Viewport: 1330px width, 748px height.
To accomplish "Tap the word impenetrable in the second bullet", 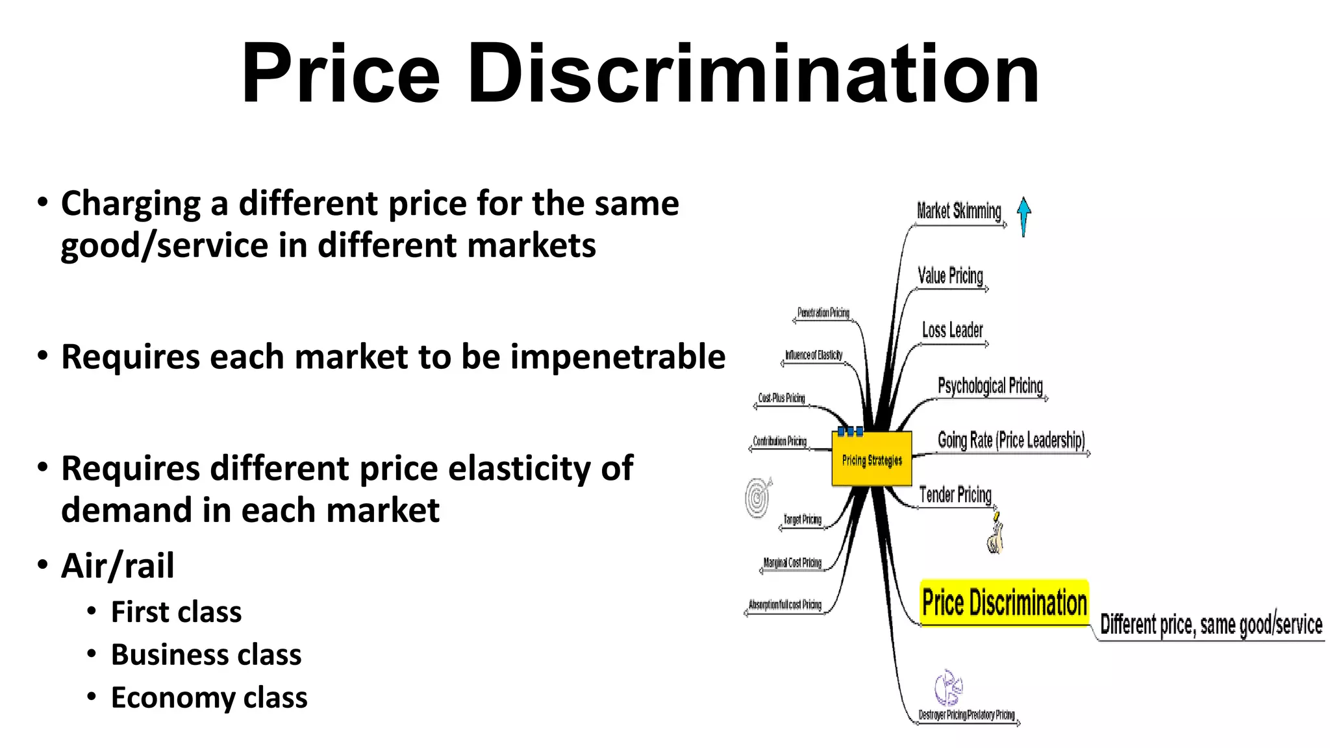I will (x=618, y=356).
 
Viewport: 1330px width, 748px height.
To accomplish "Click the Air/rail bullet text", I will (x=118, y=565).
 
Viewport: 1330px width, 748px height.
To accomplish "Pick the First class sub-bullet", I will (x=176, y=612).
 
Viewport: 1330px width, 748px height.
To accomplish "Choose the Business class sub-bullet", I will (x=206, y=654).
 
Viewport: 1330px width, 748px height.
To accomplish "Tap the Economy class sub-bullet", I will (x=209, y=697).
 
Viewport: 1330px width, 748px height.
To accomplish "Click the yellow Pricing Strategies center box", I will (x=872, y=459).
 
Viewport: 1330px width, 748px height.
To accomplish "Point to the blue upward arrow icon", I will (x=1023, y=215).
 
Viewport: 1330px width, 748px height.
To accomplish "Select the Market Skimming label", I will (x=959, y=211).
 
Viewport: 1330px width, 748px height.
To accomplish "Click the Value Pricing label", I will (x=950, y=276).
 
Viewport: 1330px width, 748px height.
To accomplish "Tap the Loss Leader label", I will (x=952, y=330).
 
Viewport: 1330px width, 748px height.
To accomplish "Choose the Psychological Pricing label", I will (x=990, y=386).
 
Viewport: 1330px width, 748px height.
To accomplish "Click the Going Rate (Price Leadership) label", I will (x=1011, y=440).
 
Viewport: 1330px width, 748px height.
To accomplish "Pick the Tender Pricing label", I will (x=955, y=495).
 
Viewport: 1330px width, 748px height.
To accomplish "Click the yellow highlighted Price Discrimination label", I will (x=1004, y=603).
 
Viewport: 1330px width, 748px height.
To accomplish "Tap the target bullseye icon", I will (x=757, y=497).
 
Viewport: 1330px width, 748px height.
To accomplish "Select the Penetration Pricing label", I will (x=823, y=313).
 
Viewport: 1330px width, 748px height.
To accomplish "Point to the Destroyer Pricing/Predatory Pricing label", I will (x=966, y=715).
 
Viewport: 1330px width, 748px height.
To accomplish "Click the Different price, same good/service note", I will (x=1211, y=625).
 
